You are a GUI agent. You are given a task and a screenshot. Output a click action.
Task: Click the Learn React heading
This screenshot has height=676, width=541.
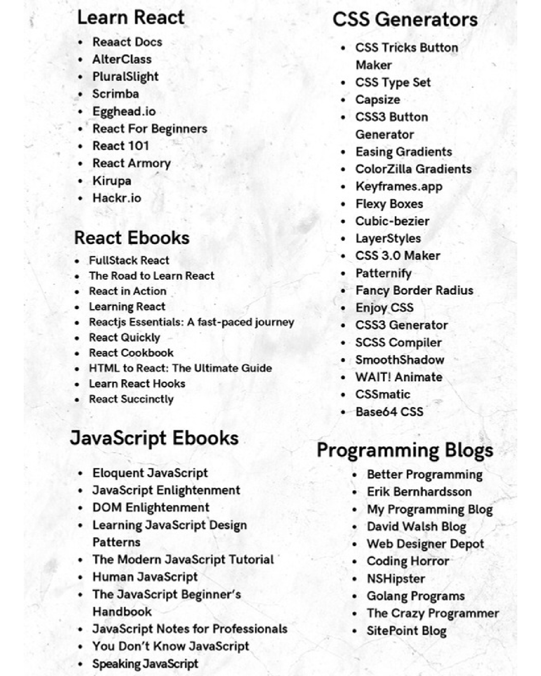pos(131,17)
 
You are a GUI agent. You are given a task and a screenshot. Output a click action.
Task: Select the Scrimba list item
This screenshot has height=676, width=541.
pos(115,94)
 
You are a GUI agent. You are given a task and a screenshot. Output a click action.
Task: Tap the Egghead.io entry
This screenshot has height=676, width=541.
pos(124,111)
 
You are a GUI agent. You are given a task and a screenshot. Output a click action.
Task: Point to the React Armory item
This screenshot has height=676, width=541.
pos(131,163)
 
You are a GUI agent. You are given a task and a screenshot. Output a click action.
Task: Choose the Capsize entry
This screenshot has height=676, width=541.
pos(378,100)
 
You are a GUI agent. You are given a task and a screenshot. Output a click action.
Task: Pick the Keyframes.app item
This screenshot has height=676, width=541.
pos(399,186)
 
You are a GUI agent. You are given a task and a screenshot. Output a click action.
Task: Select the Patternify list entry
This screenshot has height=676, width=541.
pos(383,273)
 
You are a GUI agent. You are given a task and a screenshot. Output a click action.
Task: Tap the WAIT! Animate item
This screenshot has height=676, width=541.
pos(399,377)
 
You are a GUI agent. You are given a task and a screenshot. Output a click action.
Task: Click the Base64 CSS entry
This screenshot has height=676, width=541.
pos(389,412)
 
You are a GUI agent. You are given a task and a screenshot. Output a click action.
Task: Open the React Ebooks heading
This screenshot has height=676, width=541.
pos(132,238)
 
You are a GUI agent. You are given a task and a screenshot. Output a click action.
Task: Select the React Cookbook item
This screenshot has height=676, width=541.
pos(131,353)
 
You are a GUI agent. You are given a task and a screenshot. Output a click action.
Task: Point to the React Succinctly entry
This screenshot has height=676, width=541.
pos(131,399)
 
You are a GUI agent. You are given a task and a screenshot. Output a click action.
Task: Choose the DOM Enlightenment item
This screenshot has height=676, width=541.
pos(151,507)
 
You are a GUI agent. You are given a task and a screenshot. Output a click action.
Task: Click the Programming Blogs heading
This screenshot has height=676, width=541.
pos(405,450)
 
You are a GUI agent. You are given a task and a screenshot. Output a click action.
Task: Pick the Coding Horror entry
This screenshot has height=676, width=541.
pos(408,561)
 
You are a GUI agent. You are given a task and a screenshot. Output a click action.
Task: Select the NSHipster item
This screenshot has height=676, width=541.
pos(396,579)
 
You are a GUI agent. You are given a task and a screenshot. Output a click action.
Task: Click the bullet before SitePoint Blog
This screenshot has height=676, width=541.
pos(354,631)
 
